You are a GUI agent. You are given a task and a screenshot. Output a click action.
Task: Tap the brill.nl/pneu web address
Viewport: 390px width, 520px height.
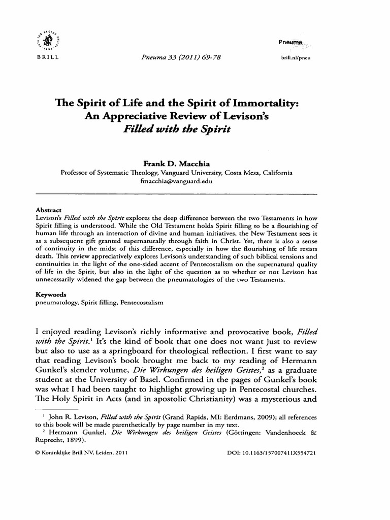tap(295, 58)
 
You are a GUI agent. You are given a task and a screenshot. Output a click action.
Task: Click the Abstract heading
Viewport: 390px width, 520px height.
tap(48, 210)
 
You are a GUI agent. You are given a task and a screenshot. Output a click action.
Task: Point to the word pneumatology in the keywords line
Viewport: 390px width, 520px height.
tap(54, 302)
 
